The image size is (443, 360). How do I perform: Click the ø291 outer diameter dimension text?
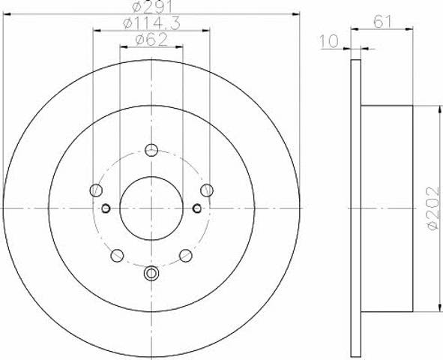(152, 7)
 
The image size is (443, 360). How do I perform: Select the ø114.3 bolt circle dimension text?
(151, 23)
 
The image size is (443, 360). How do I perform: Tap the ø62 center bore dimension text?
(151, 40)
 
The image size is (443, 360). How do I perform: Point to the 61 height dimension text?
(383, 22)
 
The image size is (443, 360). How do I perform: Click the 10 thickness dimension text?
(329, 41)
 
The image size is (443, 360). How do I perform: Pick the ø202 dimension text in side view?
(434, 208)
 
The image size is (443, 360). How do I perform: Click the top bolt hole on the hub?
(151, 150)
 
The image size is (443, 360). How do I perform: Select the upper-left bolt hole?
(96, 190)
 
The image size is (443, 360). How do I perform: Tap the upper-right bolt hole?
(207, 190)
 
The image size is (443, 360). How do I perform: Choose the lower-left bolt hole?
(117, 256)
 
